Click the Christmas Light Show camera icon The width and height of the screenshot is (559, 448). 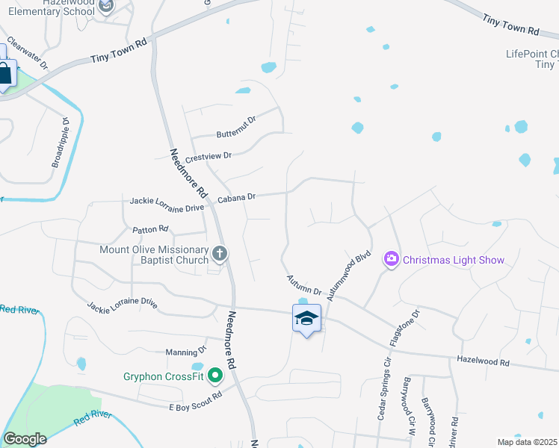[x=392, y=260]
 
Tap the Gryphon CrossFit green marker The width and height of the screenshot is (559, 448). [x=216, y=375]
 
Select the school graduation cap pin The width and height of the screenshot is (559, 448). [x=306, y=319]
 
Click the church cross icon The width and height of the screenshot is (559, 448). [x=220, y=255]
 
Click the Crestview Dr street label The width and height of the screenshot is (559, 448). [x=209, y=156]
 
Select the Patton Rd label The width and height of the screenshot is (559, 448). [x=151, y=230]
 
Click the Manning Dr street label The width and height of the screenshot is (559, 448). [x=185, y=351]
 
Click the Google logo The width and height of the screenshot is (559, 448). [x=25, y=439]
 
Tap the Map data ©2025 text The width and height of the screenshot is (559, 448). [x=526, y=442]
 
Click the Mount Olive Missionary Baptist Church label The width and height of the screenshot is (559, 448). [x=154, y=255]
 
